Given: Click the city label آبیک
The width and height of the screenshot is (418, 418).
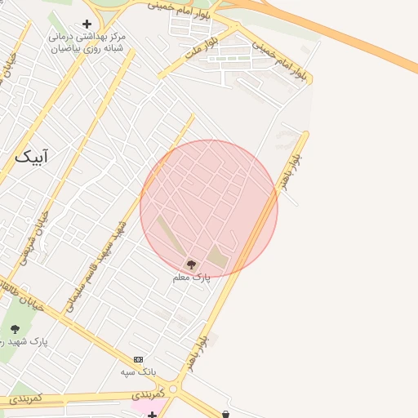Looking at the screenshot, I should point(37,155).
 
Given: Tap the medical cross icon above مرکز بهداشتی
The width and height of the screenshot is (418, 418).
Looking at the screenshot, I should point(87,24).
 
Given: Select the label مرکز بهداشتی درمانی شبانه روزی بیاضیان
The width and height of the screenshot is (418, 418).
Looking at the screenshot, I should point(86,42).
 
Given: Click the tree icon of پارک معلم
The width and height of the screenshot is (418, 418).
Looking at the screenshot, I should point(191,264).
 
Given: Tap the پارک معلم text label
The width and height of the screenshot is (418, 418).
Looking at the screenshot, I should point(191,278).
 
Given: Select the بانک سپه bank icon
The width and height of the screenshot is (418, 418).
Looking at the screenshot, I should point(138,359).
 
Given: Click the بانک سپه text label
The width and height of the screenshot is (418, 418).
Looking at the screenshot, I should point(138,372).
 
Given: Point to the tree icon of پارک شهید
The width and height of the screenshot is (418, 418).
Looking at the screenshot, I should point(15,329).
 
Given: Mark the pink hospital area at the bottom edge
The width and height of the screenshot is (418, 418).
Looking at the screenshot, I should point(147,407).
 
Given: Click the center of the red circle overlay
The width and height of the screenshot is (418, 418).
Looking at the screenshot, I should point(209,208).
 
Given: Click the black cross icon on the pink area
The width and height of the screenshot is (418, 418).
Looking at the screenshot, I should point(153,415).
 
